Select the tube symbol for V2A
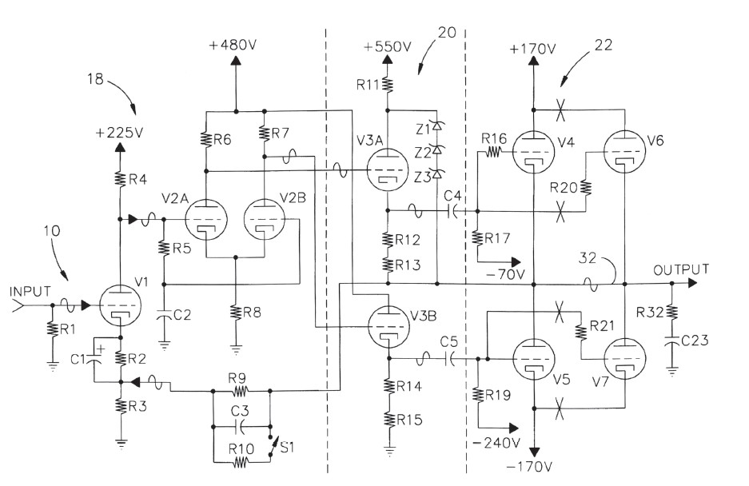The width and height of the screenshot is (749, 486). point(205,217)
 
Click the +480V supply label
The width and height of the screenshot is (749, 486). point(234,46)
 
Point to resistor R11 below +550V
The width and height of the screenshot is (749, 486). point(387,84)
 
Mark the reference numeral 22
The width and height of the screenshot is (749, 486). point(604,46)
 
